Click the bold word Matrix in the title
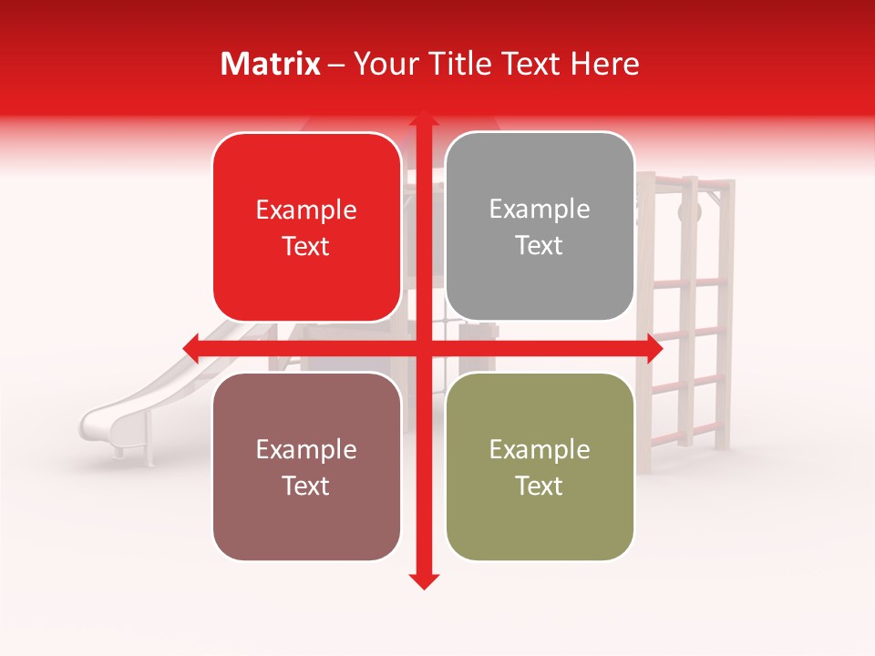click(x=271, y=64)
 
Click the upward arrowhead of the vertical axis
click(x=423, y=121)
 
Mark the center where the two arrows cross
click(x=423, y=348)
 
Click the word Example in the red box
click(x=306, y=210)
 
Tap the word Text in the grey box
click(x=540, y=246)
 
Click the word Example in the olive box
click(x=540, y=449)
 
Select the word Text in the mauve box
click(x=306, y=486)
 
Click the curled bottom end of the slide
click(x=93, y=421)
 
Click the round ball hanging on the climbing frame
click(x=691, y=212)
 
